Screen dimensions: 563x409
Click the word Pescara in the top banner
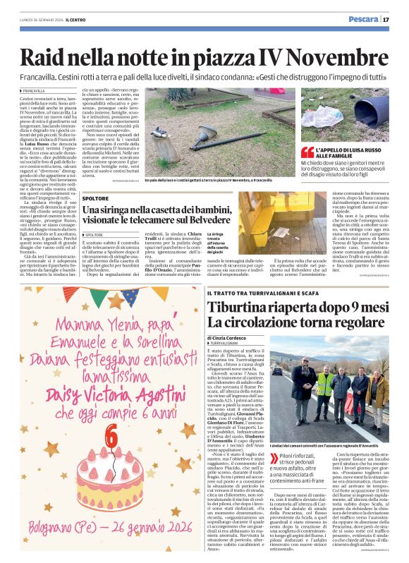tap(362, 19)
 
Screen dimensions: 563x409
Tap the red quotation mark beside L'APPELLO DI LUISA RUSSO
tap(307, 152)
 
